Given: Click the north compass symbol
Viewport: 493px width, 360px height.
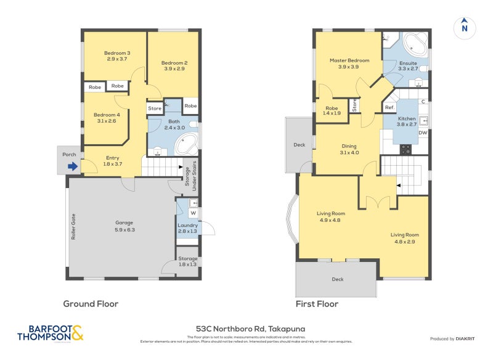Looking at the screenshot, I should pyautogui.click(x=465, y=27).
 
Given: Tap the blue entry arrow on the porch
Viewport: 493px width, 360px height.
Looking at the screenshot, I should pyautogui.click(x=73, y=166).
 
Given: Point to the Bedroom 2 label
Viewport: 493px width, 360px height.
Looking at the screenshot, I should pyautogui.click(x=174, y=66).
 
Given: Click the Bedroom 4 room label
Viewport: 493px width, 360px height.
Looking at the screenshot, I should pyautogui.click(x=107, y=118).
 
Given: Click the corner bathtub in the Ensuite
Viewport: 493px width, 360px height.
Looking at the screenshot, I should pyautogui.click(x=416, y=44).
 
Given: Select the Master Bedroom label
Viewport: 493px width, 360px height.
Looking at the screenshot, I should pyautogui.click(x=349, y=63).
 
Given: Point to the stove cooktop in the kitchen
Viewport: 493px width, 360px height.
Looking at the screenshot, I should pyautogui.click(x=406, y=149).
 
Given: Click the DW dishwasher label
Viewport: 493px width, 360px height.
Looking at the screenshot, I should pyautogui.click(x=423, y=133).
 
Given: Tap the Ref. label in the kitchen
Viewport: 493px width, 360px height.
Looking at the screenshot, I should pyautogui.click(x=389, y=108).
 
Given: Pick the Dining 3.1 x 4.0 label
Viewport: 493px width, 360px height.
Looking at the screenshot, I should pyautogui.click(x=349, y=149).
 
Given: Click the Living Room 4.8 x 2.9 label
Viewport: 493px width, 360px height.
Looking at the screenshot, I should pyautogui.click(x=404, y=238).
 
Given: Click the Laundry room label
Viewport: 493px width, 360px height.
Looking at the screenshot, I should pyautogui.click(x=187, y=228).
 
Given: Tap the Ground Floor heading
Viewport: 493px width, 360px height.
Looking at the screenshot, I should pyautogui.click(x=91, y=304).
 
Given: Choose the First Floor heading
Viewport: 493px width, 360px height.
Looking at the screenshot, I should pyautogui.click(x=317, y=304).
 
